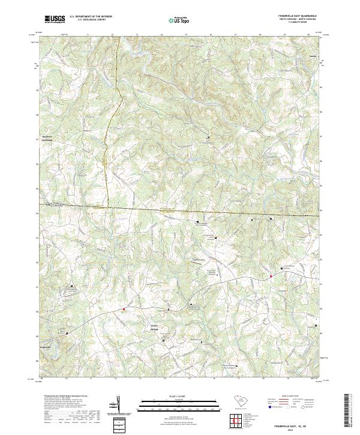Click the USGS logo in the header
point(55,19)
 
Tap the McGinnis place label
point(48,136)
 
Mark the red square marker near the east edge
point(271,276)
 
